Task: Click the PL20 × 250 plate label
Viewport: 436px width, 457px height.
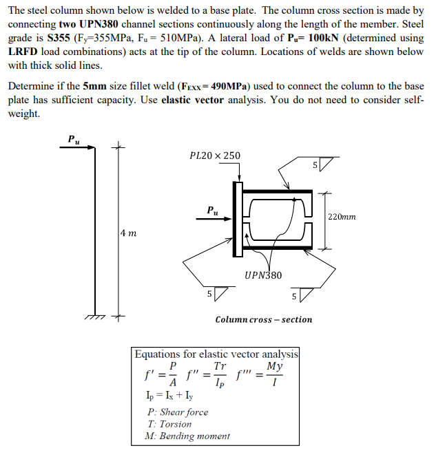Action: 215,156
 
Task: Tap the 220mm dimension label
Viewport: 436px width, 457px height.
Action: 342,217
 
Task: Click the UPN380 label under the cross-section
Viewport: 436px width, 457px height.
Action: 263,275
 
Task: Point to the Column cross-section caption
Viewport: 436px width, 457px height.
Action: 263,319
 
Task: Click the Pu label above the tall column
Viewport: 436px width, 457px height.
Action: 73,139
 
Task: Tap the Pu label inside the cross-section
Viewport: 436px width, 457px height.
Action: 214,209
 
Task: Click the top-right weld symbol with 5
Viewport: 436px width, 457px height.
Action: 321,165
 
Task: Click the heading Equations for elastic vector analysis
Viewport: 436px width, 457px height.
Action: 216,354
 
